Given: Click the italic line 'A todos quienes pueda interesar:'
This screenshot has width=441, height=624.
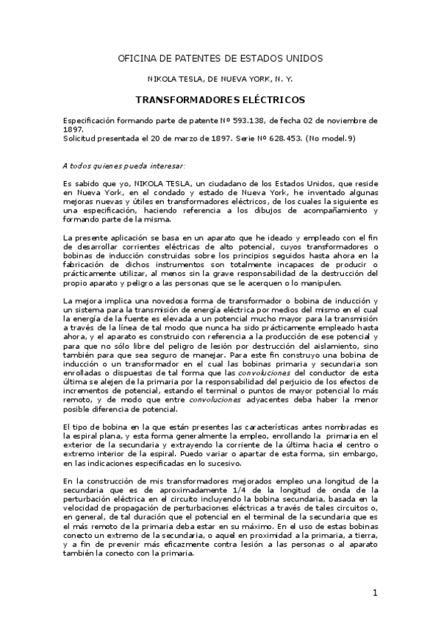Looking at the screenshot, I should (124, 166).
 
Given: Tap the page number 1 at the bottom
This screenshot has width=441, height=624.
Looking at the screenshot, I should (374, 592).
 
